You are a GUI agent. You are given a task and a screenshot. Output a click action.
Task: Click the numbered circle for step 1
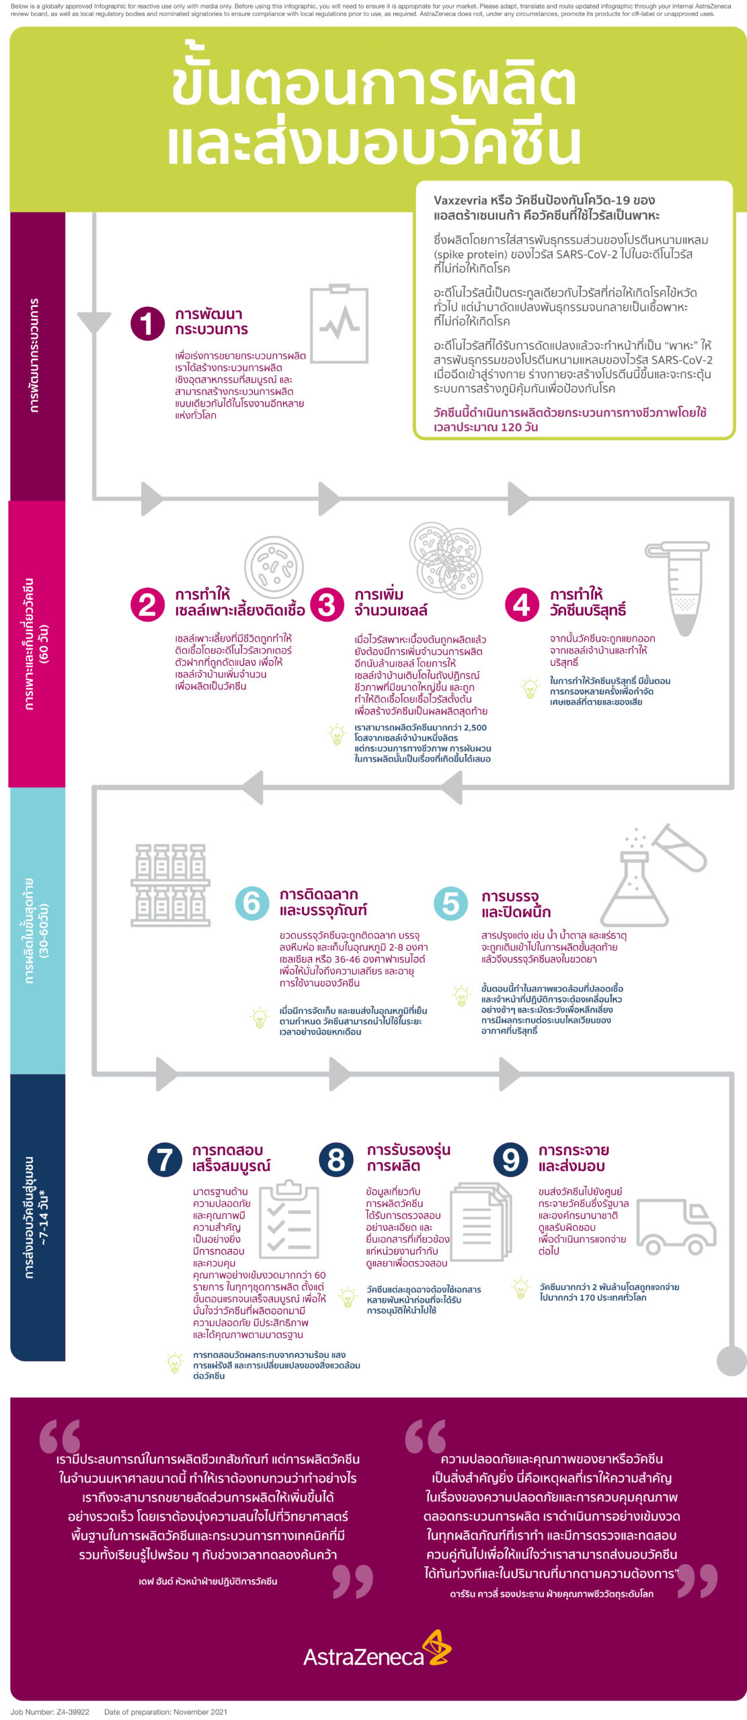[147, 324]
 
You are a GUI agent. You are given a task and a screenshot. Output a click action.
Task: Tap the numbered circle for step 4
[522, 605]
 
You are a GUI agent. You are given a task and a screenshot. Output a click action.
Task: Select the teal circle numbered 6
[252, 903]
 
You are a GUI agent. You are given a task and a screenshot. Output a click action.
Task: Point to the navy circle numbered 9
[510, 1160]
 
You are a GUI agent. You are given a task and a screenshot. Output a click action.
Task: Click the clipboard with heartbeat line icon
[339, 324]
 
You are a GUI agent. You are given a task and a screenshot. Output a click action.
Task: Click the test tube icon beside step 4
[678, 588]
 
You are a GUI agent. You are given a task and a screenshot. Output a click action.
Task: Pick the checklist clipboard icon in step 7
[289, 1219]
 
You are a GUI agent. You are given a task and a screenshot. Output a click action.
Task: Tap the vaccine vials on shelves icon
[171, 886]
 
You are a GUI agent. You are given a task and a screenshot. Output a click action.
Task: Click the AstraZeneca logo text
[364, 1658]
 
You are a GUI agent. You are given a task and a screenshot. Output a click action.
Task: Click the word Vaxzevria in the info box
[461, 200]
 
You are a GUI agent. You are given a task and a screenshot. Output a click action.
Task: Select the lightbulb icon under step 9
[520, 1289]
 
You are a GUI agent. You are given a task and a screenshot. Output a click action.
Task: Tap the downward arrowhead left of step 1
[94, 322]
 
